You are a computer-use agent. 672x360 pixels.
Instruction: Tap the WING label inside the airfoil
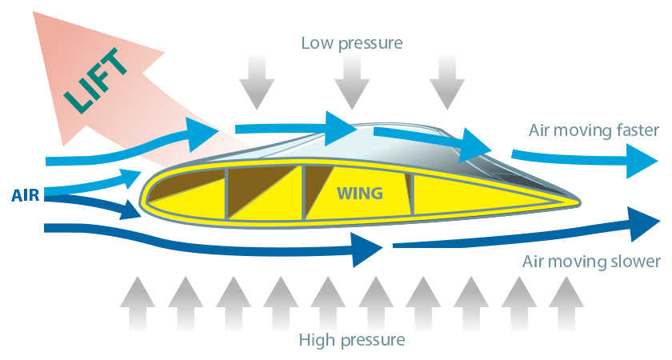359,194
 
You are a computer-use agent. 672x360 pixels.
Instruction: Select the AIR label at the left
26,195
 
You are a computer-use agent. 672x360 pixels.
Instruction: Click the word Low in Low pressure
318,43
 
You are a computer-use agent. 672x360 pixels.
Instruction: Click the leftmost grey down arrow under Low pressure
257,82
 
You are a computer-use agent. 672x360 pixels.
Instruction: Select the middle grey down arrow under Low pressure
352,82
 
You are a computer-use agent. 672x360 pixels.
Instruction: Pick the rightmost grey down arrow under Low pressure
447,82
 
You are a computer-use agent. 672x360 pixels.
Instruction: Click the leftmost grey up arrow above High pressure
138,304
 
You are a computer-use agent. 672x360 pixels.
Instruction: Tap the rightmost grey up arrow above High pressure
566,304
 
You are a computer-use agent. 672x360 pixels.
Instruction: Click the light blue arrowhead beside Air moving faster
642,161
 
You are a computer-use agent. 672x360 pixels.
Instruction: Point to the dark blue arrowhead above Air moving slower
644,224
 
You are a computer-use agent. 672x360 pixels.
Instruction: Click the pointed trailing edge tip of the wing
579,201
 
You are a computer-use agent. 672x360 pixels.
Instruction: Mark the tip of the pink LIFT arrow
34,11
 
